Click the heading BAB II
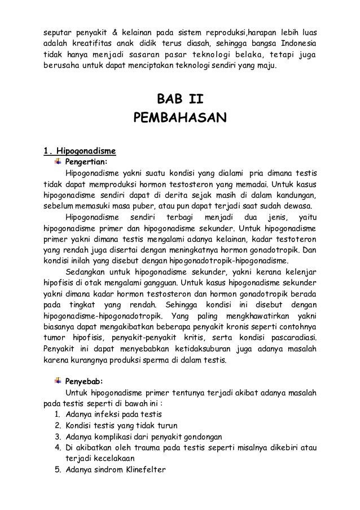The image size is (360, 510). [x=179, y=99]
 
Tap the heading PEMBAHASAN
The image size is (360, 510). [x=179, y=118]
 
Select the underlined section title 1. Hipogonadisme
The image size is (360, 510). [x=80, y=151]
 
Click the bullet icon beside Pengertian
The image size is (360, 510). [x=58, y=161]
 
